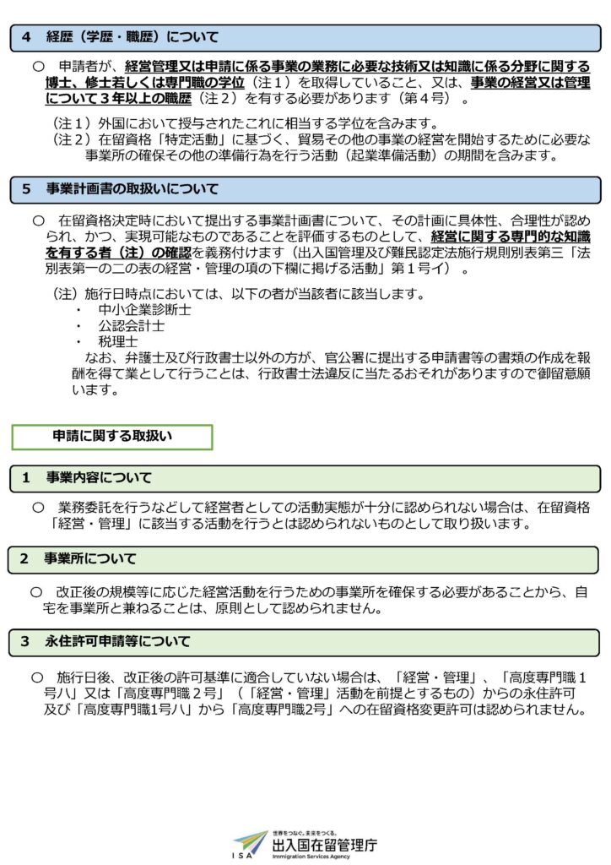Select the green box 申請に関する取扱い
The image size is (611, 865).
111,436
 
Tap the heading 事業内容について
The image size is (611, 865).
99,478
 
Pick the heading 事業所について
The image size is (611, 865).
90,559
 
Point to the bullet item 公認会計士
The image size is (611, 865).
131,325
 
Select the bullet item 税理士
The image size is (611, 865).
118,341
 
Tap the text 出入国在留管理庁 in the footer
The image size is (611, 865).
324,843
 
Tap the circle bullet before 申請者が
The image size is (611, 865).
37,66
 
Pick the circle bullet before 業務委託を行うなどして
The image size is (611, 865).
37,507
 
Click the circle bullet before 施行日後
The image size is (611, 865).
37,677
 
